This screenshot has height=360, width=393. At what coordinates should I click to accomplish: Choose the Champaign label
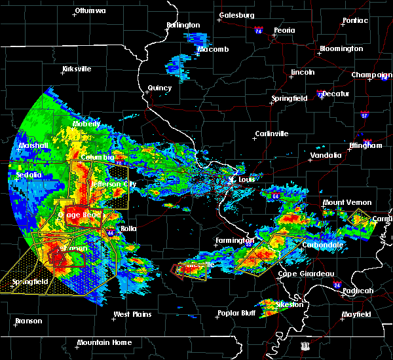(x=371, y=75)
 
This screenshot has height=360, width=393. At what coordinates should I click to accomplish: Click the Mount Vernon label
(x=346, y=203)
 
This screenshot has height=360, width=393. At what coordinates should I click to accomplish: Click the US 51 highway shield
(x=305, y=345)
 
